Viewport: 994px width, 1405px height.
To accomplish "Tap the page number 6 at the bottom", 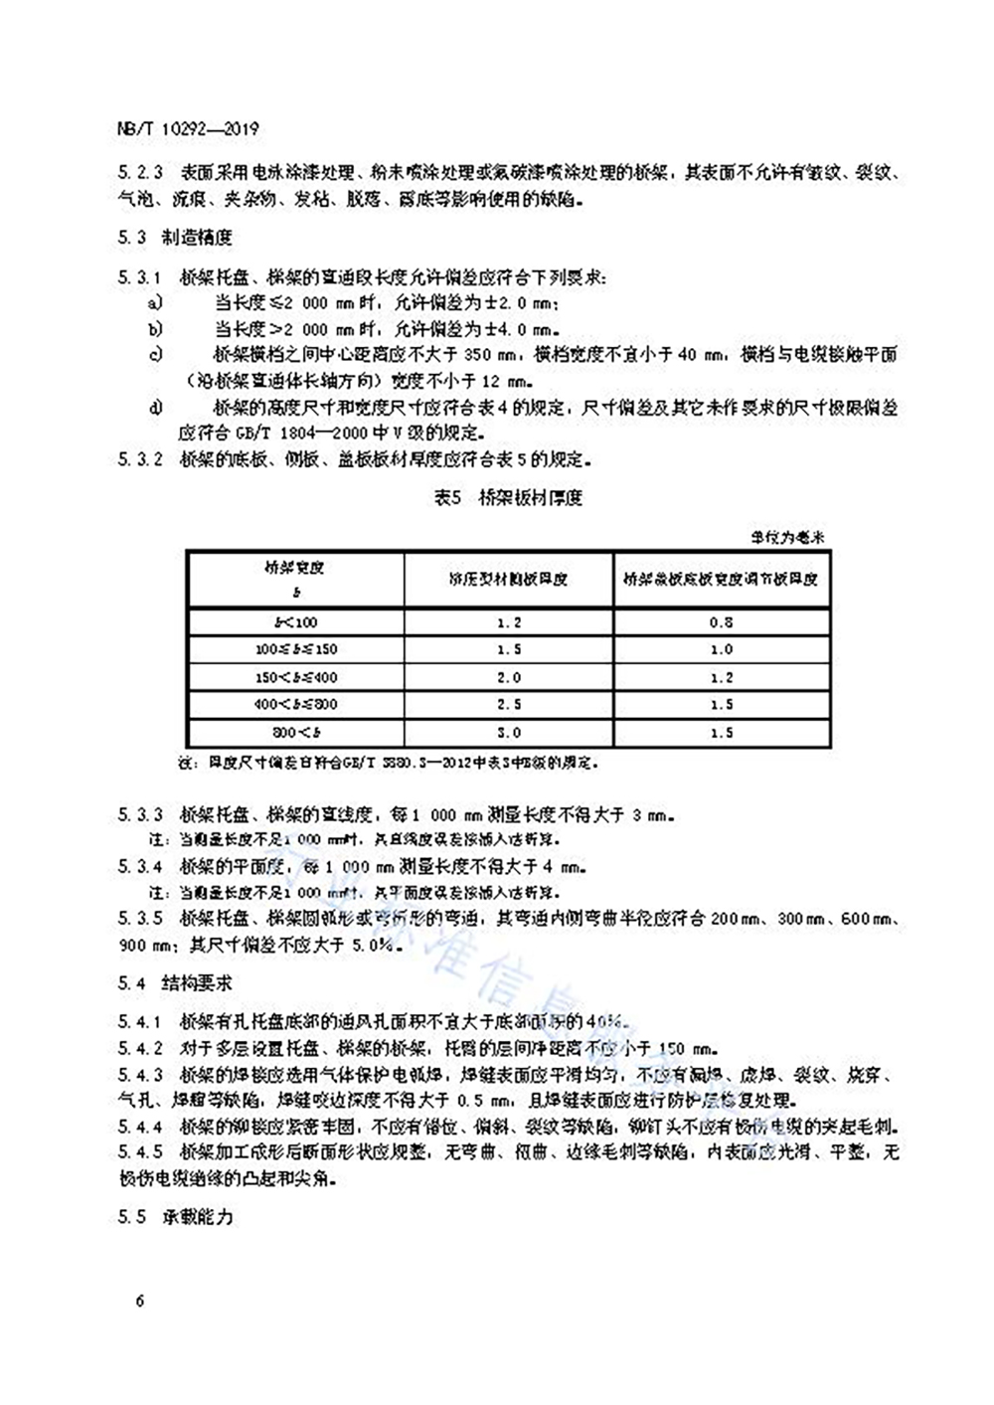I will (x=141, y=1301).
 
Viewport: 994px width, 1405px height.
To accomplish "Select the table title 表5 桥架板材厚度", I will (x=508, y=498).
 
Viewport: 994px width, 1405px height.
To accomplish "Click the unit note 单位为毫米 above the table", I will (x=789, y=538).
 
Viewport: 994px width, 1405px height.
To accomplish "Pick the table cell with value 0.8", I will (x=722, y=622).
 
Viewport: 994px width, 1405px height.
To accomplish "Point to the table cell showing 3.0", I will (x=509, y=733).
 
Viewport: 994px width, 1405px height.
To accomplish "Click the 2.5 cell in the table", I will (x=509, y=705).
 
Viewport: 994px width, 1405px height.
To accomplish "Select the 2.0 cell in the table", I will (x=509, y=677).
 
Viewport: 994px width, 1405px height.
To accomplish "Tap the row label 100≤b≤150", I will (x=295, y=649).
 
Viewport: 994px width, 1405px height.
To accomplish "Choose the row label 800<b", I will (x=295, y=733).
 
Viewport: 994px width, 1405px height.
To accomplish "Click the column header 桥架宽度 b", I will (x=295, y=579).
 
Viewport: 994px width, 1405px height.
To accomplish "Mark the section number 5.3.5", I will (x=140, y=918).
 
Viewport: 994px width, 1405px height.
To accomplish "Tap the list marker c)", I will (x=155, y=355).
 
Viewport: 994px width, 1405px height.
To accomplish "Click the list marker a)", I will (x=154, y=302).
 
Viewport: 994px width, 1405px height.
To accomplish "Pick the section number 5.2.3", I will (x=140, y=173).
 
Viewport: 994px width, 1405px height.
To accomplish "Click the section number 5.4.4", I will (x=140, y=1128).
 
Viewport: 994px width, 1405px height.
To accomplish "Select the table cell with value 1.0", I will (x=722, y=649).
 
